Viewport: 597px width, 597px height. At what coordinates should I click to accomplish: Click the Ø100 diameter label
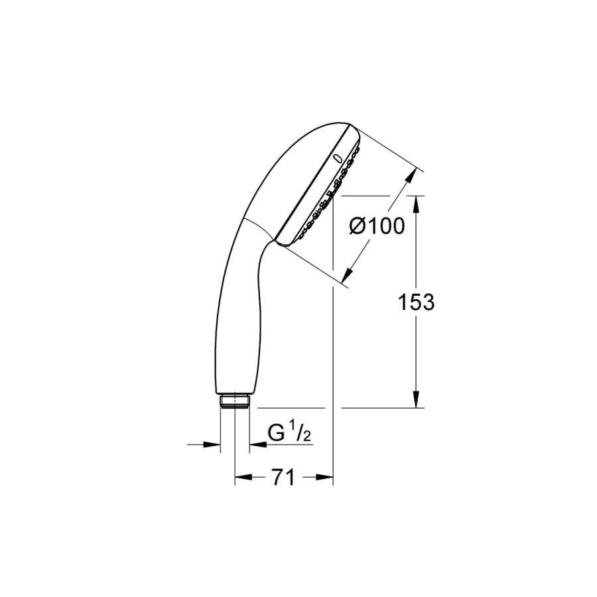pyautogui.click(x=377, y=226)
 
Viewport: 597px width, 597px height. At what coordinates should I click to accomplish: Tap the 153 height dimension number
pyautogui.click(x=416, y=302)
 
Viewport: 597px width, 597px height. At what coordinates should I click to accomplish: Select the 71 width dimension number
pyautogui.click(x=283, y=477)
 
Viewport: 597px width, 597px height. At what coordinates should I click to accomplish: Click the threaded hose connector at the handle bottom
pyautogui.click(x=235, y=401)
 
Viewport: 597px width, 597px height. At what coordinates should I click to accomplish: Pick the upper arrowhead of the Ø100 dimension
pyautogui.click(x=409, y=177)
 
